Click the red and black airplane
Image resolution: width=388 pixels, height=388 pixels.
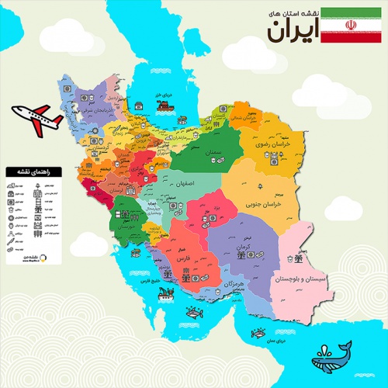tap(36, 117)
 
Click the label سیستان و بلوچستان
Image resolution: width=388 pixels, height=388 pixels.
tap(303, 277)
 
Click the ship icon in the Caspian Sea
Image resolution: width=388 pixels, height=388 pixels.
tap(139, 102)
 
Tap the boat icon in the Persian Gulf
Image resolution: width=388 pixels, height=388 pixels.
tap(165, 293)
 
